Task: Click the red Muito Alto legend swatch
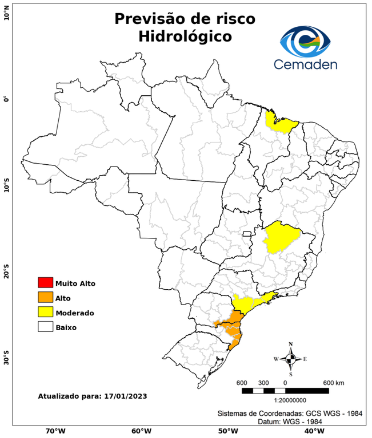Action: tap(45, 282)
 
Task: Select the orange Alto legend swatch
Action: tap(45, 297)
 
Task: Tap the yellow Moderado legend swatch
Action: tap(45, 312)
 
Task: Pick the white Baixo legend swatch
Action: tap(45, 327)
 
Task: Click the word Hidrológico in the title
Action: tap(185, 36)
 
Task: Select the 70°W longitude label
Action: tap(55, 431)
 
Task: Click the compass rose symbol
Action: tap(290, 359)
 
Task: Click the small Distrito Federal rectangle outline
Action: tap(247, 233)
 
